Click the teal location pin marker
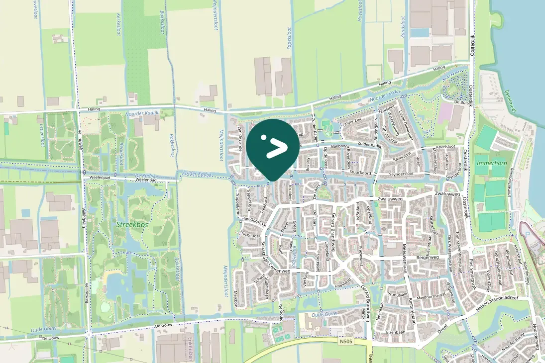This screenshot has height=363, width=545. [273, 147]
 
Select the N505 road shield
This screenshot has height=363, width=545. [346, 342]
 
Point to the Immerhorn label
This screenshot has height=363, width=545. [490, 163]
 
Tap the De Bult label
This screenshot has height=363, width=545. [462, 101]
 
